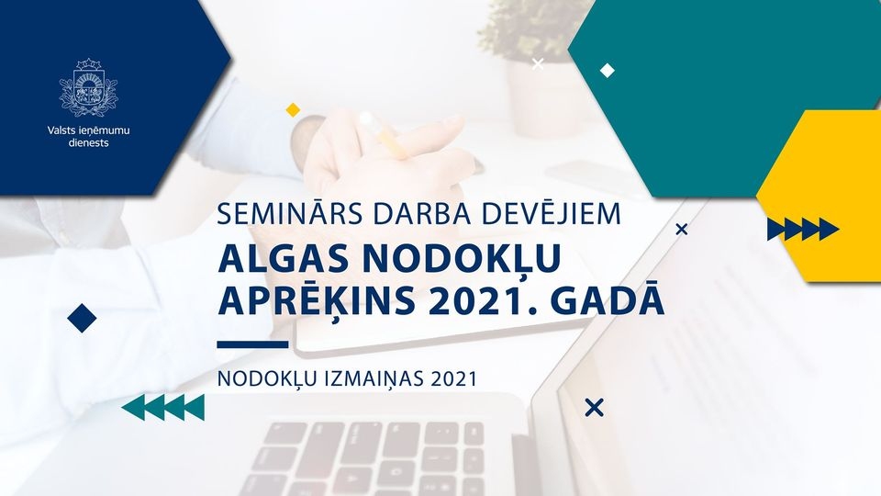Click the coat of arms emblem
pyautogui.click(x=88, y=88)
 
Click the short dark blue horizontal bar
pyautogui.click(x=252, y=344)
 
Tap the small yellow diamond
pyautogui.click(x=293, y=109)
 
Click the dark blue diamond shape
pyautogui.click(x=82, y=319)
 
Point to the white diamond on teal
pyautogui.click(x=607, y=70)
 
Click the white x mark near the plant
pyautogui.click(x=538, y=63)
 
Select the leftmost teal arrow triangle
pyautogui.click(x=132, y=407)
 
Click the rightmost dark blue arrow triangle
pyautogui.click(x=829, y=229)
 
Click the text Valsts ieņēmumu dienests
pyautogui.click(x=88, y=137)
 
